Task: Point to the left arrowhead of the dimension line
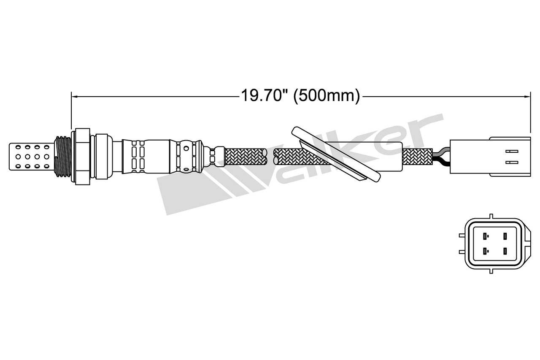(74, 97)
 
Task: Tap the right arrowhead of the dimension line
(527, 97)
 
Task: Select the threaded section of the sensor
(62, 156)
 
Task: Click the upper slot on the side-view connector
(511, 151)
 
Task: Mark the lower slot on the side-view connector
(511, 162)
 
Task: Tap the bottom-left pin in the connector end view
(486, 252)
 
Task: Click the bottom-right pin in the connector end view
(505, 252)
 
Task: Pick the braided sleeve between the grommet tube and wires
(418, 157)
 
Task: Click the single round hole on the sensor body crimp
(186, 149)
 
